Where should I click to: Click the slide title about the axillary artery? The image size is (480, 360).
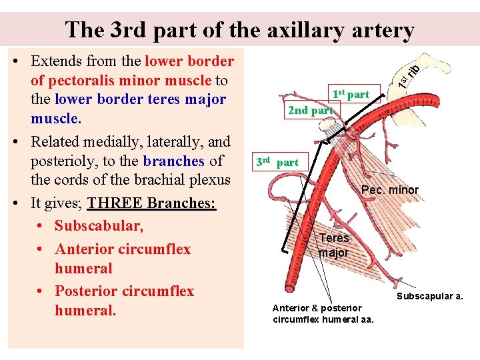point(240,29)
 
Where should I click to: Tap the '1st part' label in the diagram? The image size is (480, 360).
point(350,94)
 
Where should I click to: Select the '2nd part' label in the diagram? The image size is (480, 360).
point(310,110)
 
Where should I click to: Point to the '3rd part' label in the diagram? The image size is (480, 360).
point(277,162)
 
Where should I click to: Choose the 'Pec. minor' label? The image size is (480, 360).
point(389,190)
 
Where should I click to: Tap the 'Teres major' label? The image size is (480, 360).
point(333,245)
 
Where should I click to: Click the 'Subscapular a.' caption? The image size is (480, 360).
point(430,296)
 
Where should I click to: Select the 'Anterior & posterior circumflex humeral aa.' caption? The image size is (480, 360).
point(323,313)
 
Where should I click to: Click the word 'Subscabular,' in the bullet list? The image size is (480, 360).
point(99,226)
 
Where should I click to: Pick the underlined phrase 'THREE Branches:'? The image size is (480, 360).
point(152,203)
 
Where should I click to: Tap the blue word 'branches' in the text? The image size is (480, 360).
point(173,161)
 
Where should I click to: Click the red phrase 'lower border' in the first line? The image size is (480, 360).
point(189,61)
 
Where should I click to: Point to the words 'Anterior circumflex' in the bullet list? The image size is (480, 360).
point(123,249)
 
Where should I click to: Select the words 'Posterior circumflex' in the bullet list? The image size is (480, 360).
point(124,291)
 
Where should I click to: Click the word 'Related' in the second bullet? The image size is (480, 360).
point(57,141)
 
